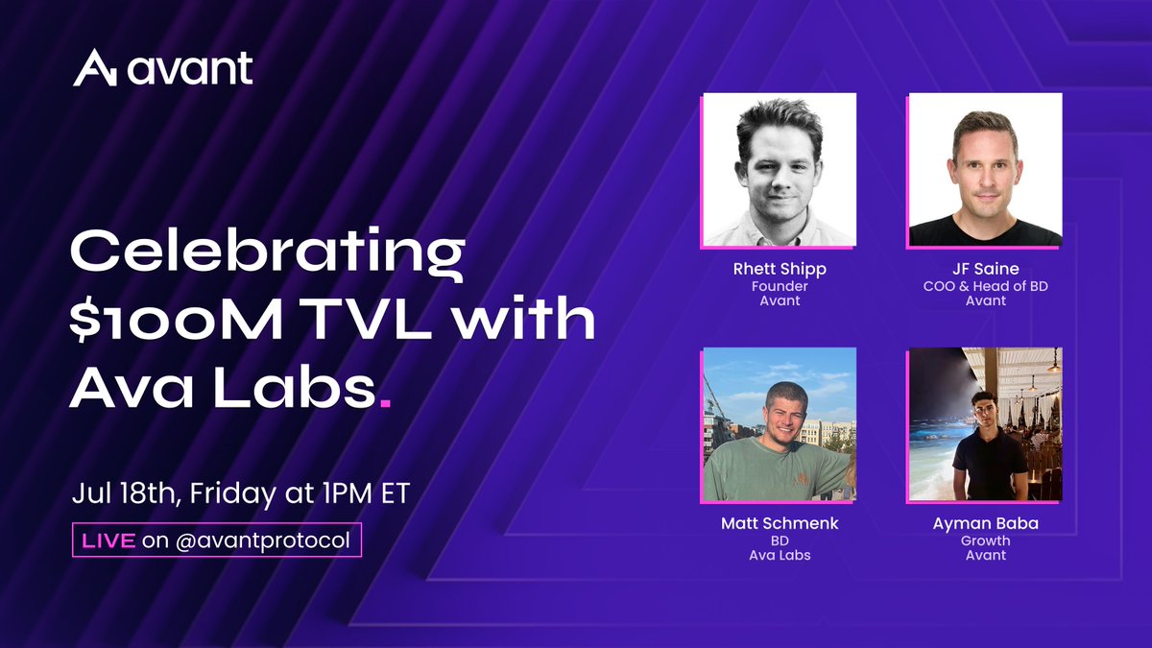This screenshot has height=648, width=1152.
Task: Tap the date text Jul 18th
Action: (120, 495)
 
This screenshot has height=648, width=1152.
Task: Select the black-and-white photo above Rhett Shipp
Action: (780, 170)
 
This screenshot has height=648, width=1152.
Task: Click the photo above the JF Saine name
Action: (985, 170)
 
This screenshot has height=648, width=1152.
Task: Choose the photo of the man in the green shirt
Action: (780, 424)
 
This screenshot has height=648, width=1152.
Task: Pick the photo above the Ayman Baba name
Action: (985, 424)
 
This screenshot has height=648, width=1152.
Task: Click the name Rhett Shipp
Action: (780, 269)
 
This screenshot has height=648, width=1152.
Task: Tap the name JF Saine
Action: (986, 269)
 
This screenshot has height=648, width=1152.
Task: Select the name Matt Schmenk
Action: (780, 524)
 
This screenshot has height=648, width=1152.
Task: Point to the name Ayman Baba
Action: (986, 524)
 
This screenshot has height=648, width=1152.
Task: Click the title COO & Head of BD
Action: (986, 285)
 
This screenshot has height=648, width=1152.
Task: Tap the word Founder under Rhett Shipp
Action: (780, 285)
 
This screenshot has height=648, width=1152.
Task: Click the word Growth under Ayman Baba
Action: (986, 540)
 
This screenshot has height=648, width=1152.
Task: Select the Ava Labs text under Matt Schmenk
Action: (780, 555)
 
